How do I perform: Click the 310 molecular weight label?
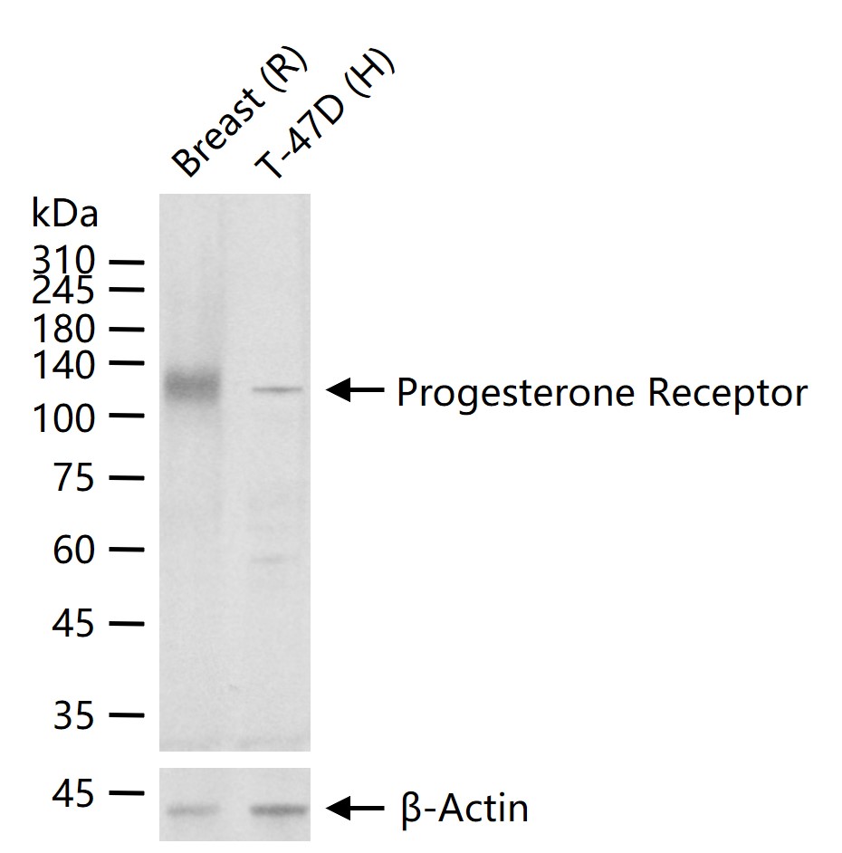click(x=63, y=260)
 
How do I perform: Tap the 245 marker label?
click(x=63, y=291)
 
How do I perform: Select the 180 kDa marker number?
click(x=63, y=329)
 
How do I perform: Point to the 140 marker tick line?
click(x=127, y=363)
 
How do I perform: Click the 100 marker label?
click(x=63, y=418)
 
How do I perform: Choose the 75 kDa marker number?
click(x=74, y=477)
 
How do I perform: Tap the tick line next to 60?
click(x=127, y=550)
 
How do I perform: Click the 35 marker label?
click(x=74, y=715)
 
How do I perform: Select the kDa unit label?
click(x=64, y=213)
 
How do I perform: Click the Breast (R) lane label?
click(x=240, y=112)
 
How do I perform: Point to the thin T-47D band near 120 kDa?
click(x=276, y=389)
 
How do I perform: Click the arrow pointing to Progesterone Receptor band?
click(x=355, y=389)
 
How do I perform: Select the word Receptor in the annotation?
click(x=728, y=393)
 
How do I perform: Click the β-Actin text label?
click(x=465, y=809)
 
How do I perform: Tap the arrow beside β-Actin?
click(x=355, y=809)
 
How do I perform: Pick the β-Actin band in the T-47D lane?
click(x=279, y=810)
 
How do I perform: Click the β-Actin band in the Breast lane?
click(x=192, y=810)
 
